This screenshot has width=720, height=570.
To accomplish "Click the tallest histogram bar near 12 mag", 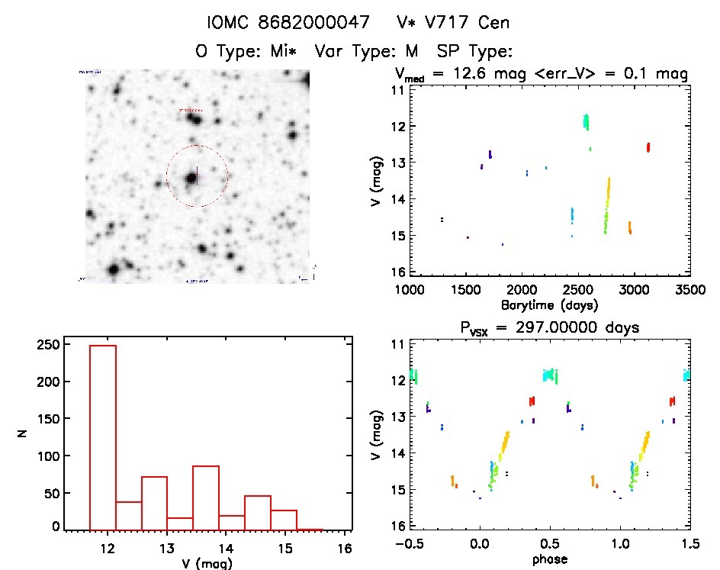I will (x=103, y=435).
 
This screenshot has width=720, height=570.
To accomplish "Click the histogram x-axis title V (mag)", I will (x=203, y=564).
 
